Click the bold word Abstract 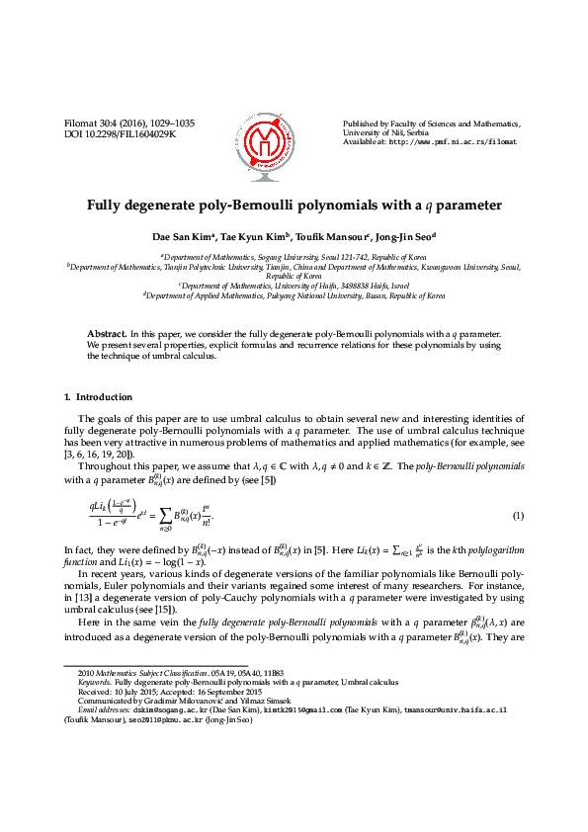pos(107,334)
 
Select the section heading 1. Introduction pos(98,397)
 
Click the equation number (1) pos(518,517)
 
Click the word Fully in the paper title pos(108,206)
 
